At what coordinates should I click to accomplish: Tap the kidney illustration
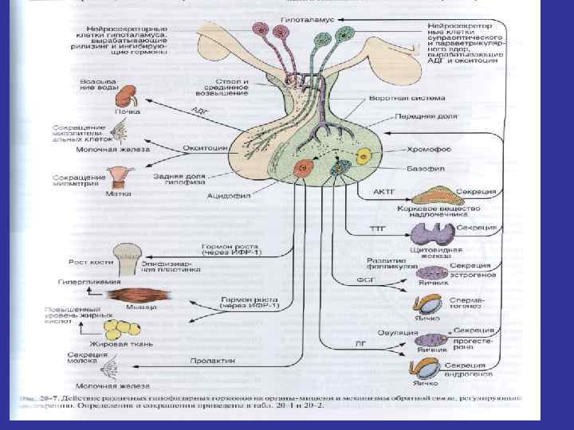125,97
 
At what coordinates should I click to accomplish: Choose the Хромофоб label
431,149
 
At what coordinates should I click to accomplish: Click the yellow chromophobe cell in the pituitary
364,157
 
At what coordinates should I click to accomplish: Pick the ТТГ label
376,228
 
